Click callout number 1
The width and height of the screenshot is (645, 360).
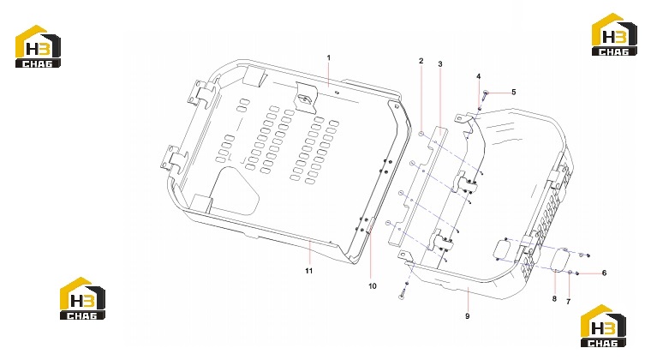coord(329,58)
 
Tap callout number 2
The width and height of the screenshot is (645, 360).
coord(421,61)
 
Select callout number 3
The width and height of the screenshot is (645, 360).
coord(440,64)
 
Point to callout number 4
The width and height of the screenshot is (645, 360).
coord(479,76)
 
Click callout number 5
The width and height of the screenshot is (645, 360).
coord(513,93)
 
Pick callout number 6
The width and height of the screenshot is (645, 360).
coord(604,273)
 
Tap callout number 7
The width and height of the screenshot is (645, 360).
coord(568,302)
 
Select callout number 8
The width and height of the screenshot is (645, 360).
coord(554,298)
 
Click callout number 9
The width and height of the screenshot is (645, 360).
coord(468,316)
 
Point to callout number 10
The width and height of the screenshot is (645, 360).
coord(373,286)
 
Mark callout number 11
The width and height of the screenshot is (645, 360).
coord(309,271)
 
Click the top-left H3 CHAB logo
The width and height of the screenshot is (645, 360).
coord(38,46)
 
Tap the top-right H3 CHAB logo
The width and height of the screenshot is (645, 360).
coord(614,34)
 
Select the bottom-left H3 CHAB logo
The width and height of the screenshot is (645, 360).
coord(82,298)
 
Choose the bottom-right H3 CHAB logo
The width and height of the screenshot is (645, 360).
coord(603,327)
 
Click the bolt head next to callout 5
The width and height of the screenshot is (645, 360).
coord(486,93)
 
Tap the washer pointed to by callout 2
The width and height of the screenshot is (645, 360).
coord(421,134)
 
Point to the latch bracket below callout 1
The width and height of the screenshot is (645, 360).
coord(304,98)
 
